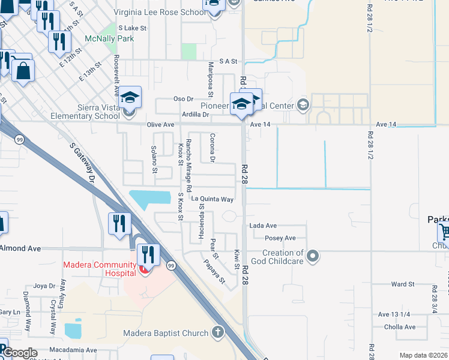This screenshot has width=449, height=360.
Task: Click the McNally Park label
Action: pyautogui.click(x=109, y=38)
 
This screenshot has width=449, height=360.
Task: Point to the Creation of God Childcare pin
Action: pyautogui.click(x=312, y=257)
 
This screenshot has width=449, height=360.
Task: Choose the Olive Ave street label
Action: pyautogui.click(x=160, y=125)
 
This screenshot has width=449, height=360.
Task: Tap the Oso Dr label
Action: pyautogui.click(x=183, y=98)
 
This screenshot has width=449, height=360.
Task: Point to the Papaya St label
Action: pyautogui.click(x=213, y=271)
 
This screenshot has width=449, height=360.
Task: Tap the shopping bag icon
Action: pyautogui.click(x=23, y=71)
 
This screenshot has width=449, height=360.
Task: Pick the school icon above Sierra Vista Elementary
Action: pyautogui.click(x=129, y=96)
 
